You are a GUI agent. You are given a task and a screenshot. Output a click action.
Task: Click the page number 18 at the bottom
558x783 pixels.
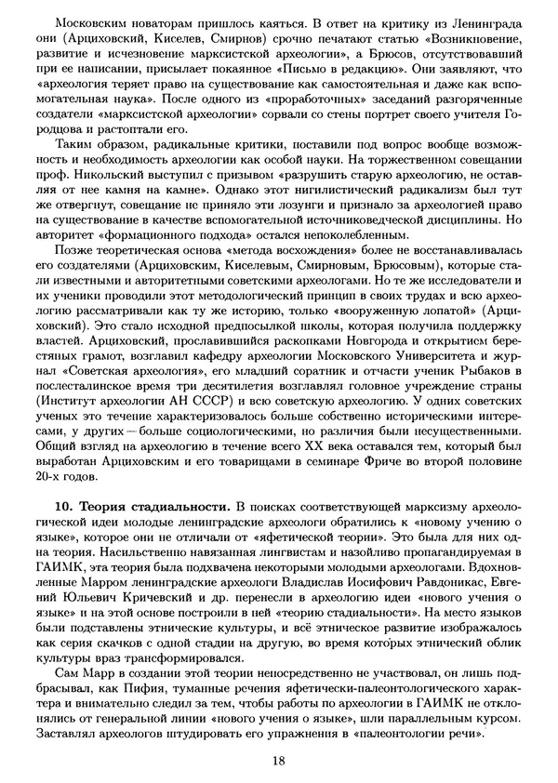click(x=279, y=761)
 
